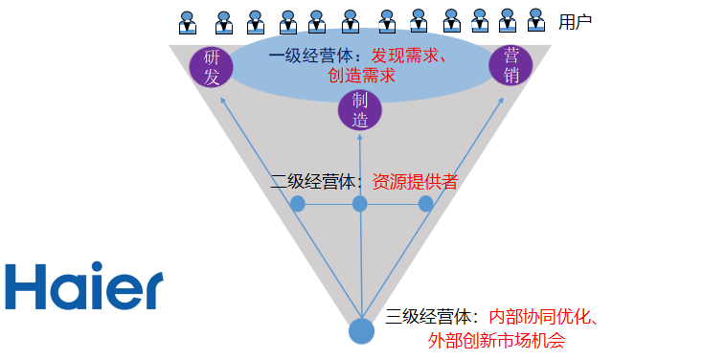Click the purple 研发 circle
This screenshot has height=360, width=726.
212,67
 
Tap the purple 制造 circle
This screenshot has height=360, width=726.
360,110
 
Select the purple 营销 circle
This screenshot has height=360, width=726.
510,65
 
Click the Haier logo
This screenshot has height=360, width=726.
83,287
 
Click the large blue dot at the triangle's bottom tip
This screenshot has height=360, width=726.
361,330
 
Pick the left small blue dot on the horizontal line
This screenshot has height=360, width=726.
298,204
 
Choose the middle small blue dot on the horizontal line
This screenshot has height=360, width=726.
360,204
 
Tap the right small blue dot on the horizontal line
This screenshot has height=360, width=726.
426,204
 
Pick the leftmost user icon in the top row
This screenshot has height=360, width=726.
189,20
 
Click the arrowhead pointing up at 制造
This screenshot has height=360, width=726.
360,136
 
